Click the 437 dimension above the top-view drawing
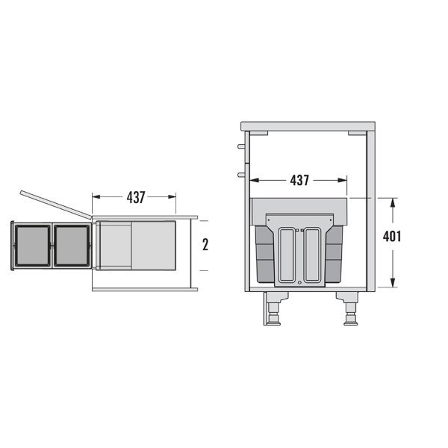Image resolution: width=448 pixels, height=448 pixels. [135, 197]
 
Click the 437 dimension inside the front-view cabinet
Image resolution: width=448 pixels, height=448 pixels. [299, 180]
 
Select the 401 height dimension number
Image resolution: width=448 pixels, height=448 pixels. [392, 237]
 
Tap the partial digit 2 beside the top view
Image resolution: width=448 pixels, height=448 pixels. [205, 244]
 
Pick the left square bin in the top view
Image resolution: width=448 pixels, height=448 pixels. [32, 245]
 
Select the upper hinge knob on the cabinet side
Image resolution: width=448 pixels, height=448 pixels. [240, 146]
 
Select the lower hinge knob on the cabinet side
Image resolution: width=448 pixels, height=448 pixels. [240, 174]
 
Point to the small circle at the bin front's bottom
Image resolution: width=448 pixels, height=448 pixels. [300, 282]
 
